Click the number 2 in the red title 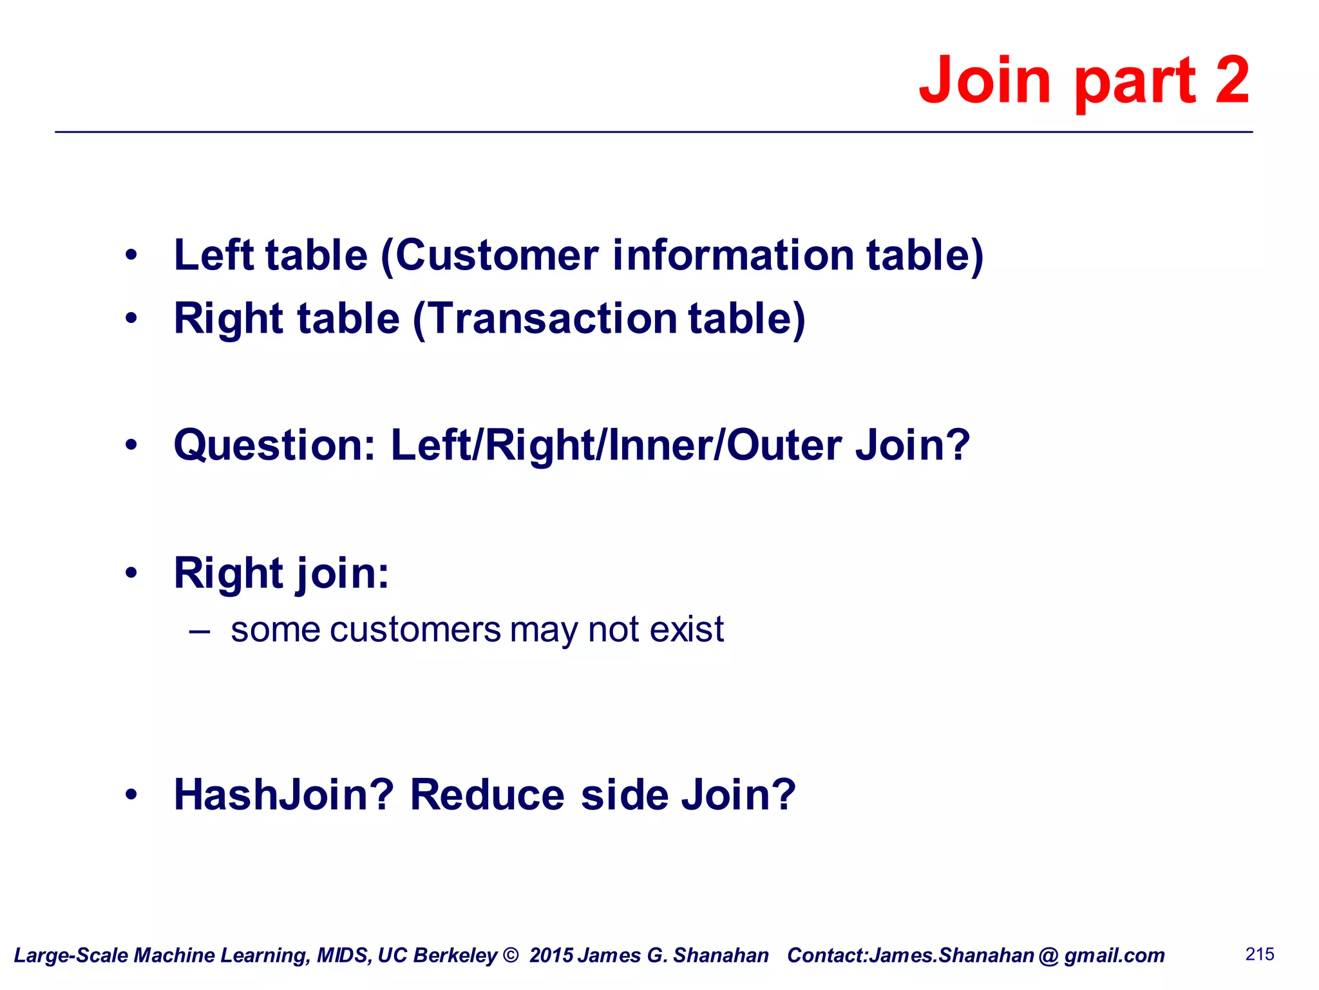pyautogui.click(x=1232, y=80)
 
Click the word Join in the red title pyautogui.click(x=985, y=80)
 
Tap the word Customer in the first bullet pyautogui.click(x=497, y=255)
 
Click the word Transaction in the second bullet pyautogui.click(x=553, y=318)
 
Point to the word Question pyautogui.click(x=274, y=445)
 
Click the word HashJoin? pyautogui.click(x=283, y=794)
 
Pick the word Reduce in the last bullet pyautogui.click(x=488, y=794)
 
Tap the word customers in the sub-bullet pyautogui.click(x=415, y=630)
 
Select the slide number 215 pyautogui.click(x=1260, y=954)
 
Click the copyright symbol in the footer pyautogui.click(x=511, y=955)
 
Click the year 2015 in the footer pyautogui.click(x=551, y=955)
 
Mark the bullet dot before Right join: pyautogui.click(x=131, y=572)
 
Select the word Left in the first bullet pyautogui.click(x=214, y=255)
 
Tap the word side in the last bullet pyautogui.click(x=625, y=794)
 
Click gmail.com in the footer pyautogui.click(x=1114, y=955)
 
